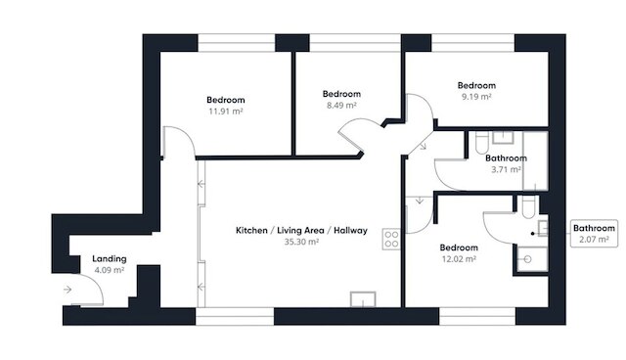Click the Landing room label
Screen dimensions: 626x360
click(109, 258)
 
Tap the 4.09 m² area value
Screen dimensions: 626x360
click(109, 270)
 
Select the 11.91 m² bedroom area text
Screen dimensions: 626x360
click(226, 112)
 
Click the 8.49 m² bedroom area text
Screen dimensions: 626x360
click(341, 106)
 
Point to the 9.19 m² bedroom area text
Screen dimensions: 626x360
click(476, 97)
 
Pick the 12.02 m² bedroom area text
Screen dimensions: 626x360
click(459, 259)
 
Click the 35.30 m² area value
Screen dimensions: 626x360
click(301, 242)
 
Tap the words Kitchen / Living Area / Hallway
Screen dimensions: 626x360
click(301, 230)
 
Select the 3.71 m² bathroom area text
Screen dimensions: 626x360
click(506, 169)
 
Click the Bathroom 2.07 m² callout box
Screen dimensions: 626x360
click(594, 234)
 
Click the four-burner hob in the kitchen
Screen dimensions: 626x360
click(391, 239)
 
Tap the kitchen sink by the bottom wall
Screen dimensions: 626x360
click(363, 299)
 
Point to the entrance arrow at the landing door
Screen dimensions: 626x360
click(67, 290)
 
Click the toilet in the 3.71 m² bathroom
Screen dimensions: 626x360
click(482, 143)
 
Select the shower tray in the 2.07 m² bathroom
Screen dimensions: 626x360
click(532, 259)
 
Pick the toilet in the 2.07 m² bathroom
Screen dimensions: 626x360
click(528, 206)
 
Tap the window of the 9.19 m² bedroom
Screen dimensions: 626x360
click(472, 43)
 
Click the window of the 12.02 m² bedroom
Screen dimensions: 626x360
click(477, 316)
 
